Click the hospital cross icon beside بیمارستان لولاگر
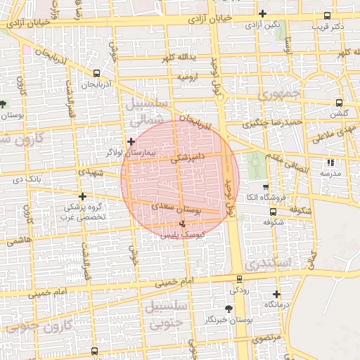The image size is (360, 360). click(131, 141)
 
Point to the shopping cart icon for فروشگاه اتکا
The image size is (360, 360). click(264, 187)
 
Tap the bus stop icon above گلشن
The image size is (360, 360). click(340, 101)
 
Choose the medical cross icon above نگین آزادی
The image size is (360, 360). click(262, 13)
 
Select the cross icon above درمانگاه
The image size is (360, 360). click(276, 295)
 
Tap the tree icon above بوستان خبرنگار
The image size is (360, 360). click(227, 309)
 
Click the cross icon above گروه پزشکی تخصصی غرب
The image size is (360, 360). click(83, 197)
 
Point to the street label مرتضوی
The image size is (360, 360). click(266, 338)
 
